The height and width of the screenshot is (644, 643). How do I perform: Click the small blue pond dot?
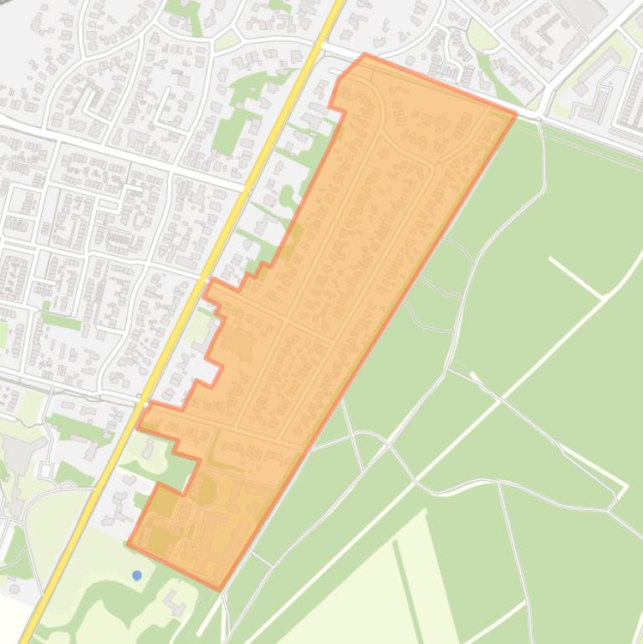tap(137, 575)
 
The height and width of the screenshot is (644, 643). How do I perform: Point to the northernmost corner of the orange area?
tap(365, 55)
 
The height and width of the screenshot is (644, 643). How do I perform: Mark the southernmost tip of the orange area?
tap(220, 590)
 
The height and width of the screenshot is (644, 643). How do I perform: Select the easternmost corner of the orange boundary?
tap(515, 114)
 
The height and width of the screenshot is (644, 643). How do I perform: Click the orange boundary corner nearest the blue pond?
tap(129, 544)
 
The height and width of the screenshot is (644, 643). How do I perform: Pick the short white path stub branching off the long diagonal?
tap(574, 278)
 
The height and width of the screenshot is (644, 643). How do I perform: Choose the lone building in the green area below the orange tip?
tap(174, 600)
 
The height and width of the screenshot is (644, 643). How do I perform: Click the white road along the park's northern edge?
tap(585, 134)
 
